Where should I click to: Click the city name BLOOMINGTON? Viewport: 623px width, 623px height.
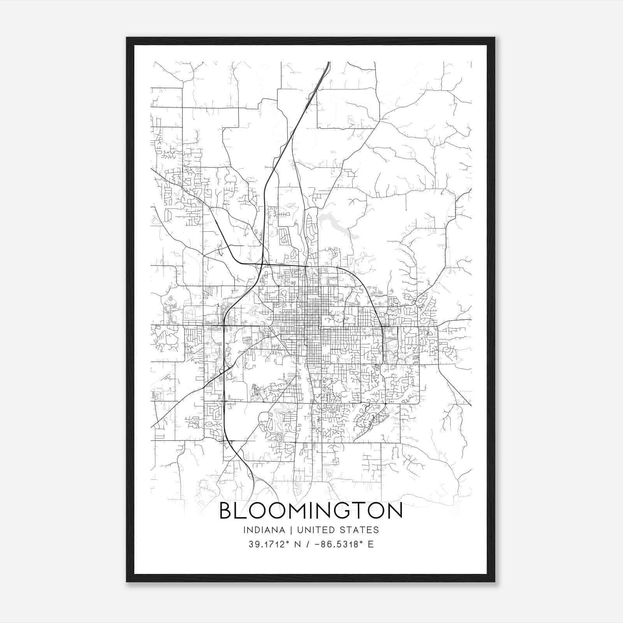pyautogui.click(x=311, y=511)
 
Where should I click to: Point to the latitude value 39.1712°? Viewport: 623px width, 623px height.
pyautogui.click(x=269, y=544)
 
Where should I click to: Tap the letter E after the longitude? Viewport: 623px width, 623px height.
pyautogui.click(x=370, y=544)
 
